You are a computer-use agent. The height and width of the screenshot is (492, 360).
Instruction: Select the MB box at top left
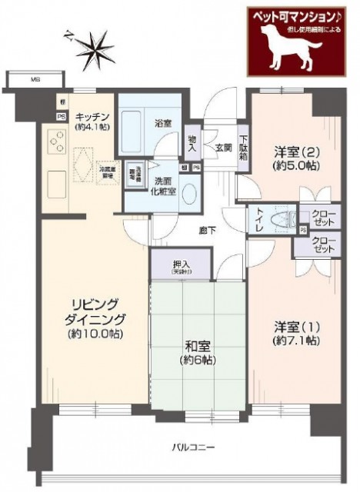pyautogui.click(x=35, y=79)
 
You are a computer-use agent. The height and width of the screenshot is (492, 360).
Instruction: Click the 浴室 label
pyautogui.click(x=162, y=122)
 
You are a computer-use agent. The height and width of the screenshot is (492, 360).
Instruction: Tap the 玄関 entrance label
pyautogui.click(x=223, y=148)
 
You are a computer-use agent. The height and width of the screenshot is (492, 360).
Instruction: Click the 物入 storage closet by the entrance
pyautogui.click(x=192, y=142)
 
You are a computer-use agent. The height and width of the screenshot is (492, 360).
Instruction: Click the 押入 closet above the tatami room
pyautogui.click(x=183, y=266)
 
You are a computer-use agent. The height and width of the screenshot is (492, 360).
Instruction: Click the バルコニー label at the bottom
pyautogui.click(x=193, y=447)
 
